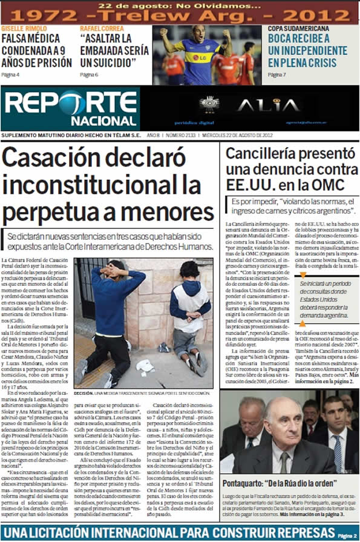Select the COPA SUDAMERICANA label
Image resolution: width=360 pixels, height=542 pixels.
pos(299,28)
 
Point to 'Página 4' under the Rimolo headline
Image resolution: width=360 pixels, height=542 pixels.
pos(10,75)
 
